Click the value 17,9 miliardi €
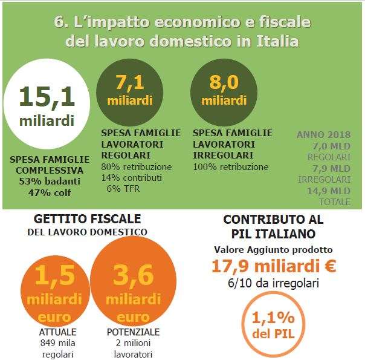(x=273, y=266)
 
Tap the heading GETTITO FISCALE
(x=88, y=218)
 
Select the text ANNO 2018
(x=323, y=134)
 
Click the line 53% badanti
(x=50, y=182)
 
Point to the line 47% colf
(x=50, y=192)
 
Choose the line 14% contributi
(x=132, y=177)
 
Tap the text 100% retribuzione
(x=230, y=166)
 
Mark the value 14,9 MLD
(x=331, y=191)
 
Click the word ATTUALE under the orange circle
(x=55, y=332)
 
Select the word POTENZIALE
(x=133, y=332)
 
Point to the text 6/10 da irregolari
(x=273, y=283)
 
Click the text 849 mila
(x=55, y=343)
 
